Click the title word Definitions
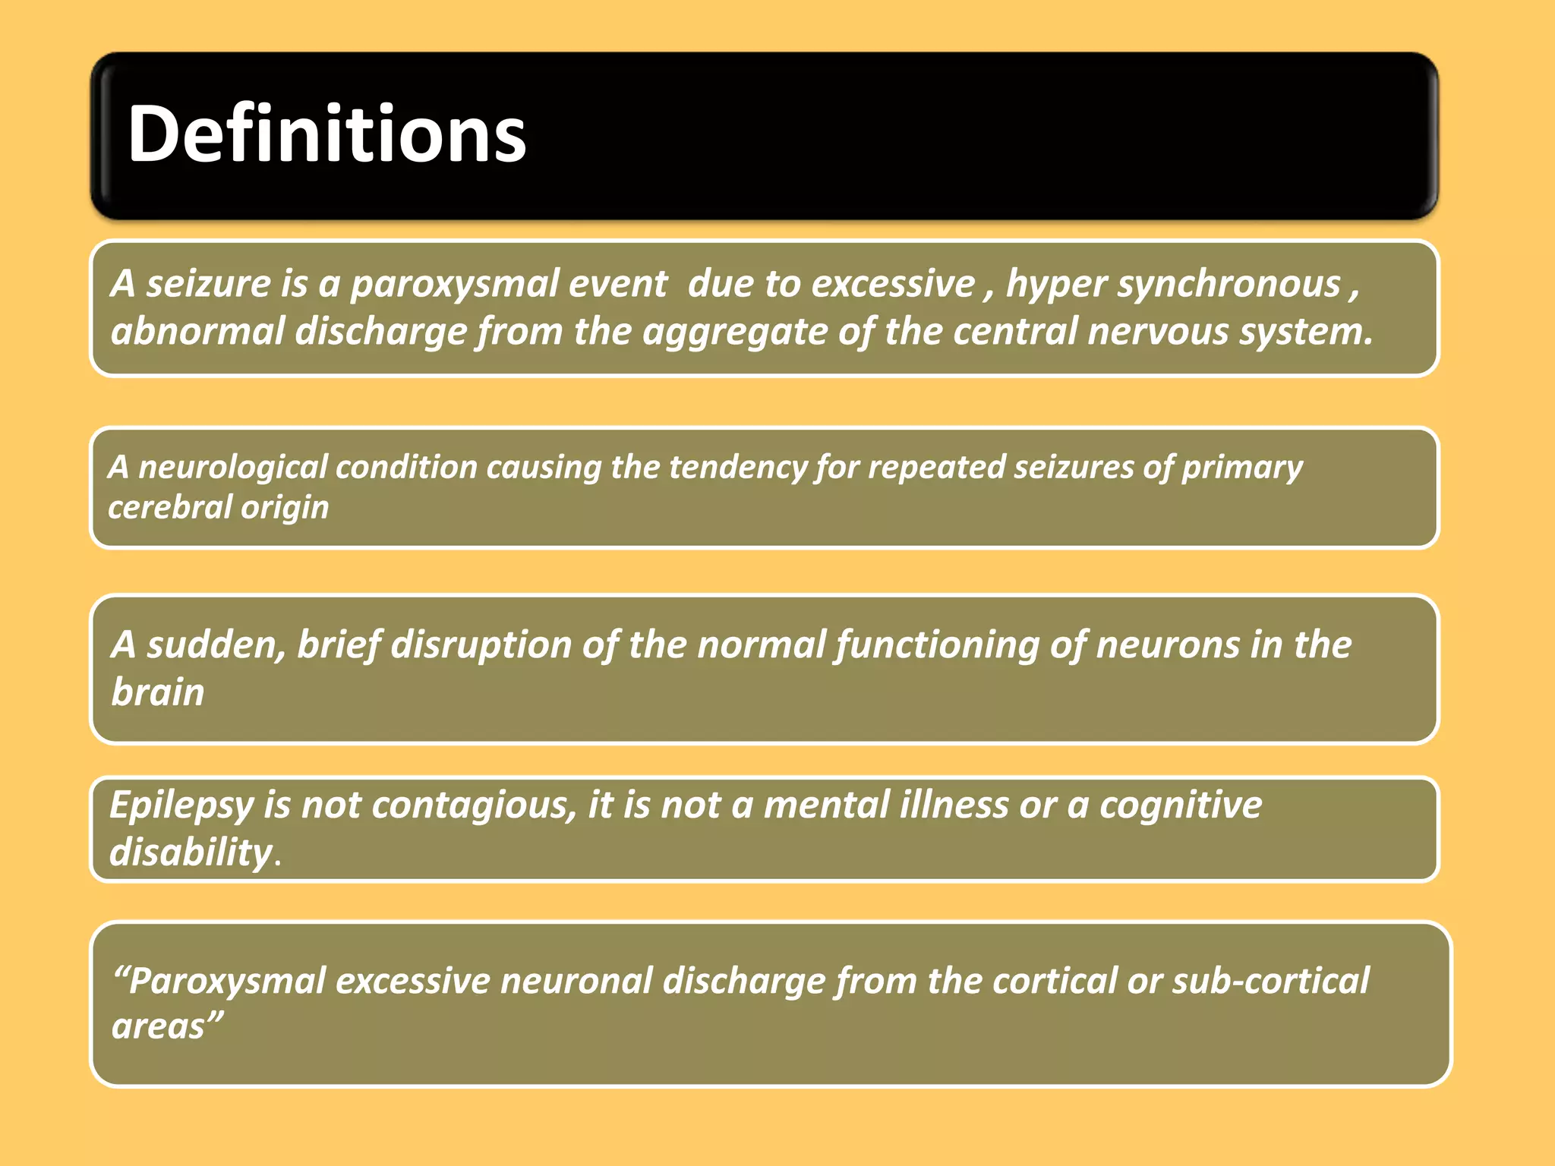326,135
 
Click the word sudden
216,645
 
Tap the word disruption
481,645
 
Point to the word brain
158,692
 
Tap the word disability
191,852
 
